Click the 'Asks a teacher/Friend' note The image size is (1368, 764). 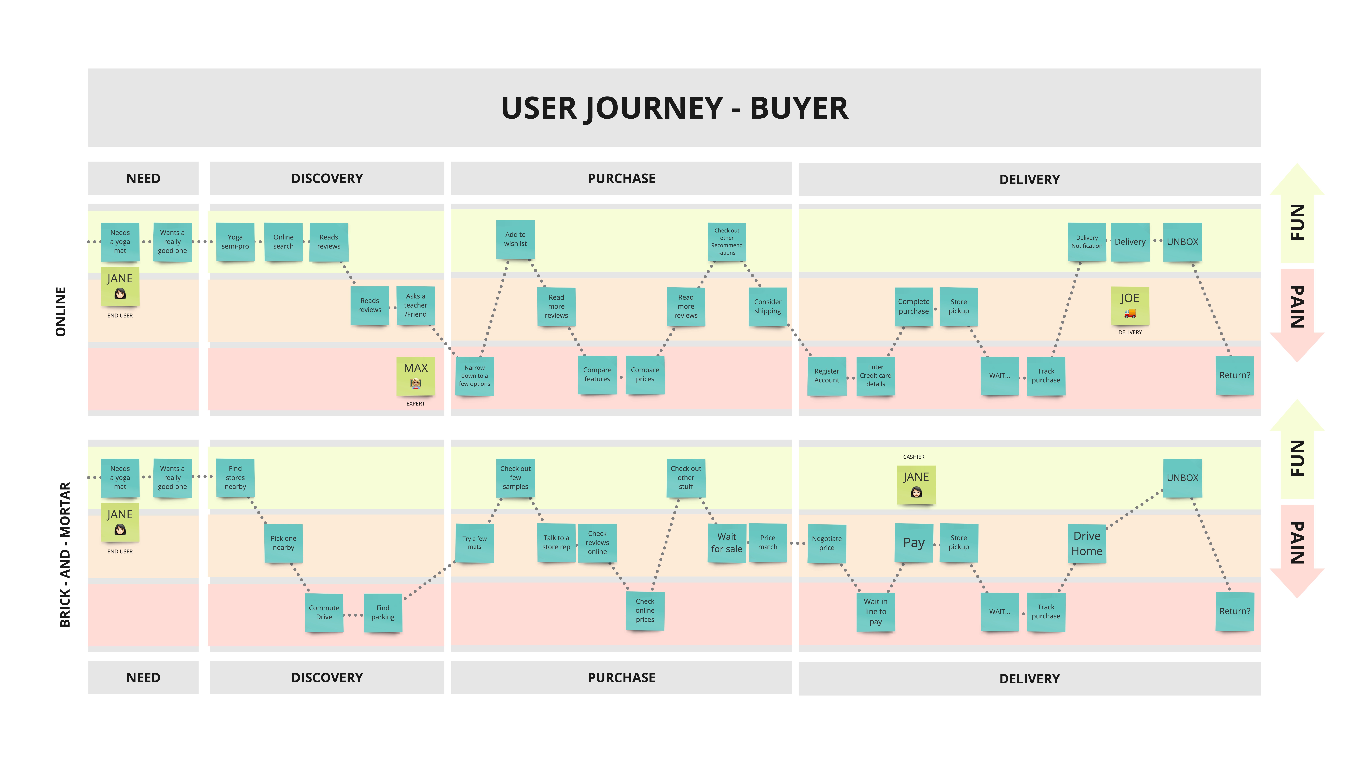coord(416,305)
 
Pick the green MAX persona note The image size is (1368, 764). coord(416,376)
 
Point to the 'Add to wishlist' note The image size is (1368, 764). coord(516,239)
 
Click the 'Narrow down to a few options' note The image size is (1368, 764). coord(475,376)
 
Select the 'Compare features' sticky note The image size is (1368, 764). coord(597,375)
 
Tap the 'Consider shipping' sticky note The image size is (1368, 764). coord(768,306)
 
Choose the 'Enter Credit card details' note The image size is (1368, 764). coord(876,376)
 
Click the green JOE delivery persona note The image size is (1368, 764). coord(1130,306)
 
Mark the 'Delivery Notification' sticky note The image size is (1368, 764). coord(1087,242)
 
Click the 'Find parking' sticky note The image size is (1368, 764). coord(383,613)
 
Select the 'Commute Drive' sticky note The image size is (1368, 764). coord(324,613)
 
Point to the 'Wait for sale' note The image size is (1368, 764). coord(727,543)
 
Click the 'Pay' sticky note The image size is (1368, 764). coord(914,543)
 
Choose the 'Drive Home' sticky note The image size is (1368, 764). coord(1087,544)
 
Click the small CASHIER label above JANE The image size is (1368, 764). coord(914,457)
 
